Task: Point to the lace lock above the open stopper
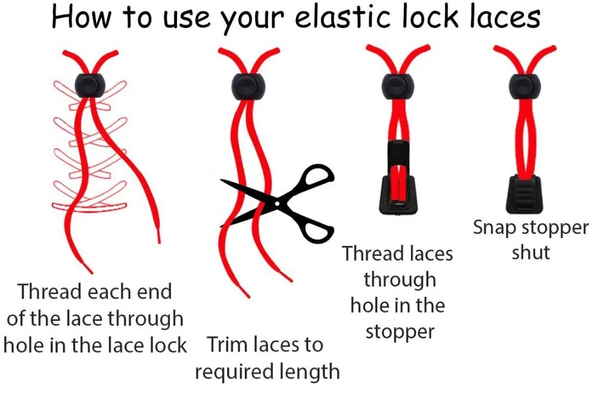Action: pos(398,85)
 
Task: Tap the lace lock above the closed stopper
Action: pos(525,85)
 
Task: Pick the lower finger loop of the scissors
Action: pos(318,232)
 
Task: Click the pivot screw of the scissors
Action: pos(277,204)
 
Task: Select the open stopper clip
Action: pos(398,177)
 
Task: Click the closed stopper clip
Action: pos(524,193)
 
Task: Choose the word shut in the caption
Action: pos(530,252)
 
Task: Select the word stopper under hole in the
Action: pos(400,332)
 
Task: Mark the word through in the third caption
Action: pos(400,279)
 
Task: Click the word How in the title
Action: pos(80,17)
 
